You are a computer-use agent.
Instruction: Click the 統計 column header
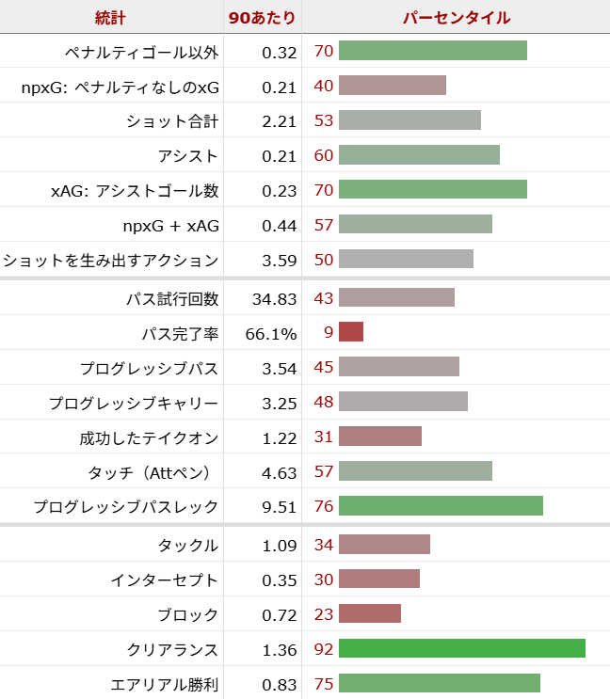[x=111, y=17]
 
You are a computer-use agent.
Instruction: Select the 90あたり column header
[x=263, y=17]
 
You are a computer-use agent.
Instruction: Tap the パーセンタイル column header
[x=456, y=17]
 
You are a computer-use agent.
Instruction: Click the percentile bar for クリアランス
[x=461, y=648]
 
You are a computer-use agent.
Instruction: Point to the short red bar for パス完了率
[x=350, y=332]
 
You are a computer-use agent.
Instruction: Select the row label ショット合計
[x=172, y=120]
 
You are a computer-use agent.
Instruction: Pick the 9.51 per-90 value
[x=280, y=507]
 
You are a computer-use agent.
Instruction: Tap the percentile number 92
[x=324, y=649]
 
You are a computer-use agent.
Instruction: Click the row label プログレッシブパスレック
[x=126, y=507]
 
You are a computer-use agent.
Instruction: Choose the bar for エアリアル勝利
[x=439, y=683]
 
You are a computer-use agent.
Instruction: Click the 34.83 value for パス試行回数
[x=275, y=299]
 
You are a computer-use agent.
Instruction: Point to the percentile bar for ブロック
[x=369, y=613]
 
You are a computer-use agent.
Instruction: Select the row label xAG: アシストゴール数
[x=135, y=190]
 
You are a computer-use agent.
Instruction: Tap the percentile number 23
[x=324, y=614]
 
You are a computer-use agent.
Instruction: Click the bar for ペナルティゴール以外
[x=432, y=51]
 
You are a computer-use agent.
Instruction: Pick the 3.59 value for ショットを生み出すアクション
[x=280, y=260]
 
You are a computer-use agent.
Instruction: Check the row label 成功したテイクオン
[x=149, y=437]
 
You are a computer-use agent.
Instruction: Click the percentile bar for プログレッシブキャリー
[x=403, y=402]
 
